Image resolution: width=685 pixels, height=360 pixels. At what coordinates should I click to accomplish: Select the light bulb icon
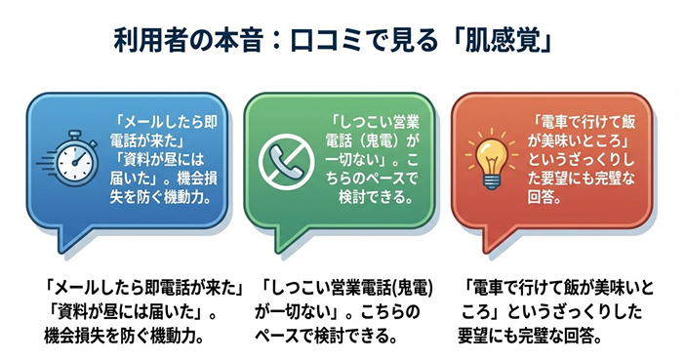tap(493, 157)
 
